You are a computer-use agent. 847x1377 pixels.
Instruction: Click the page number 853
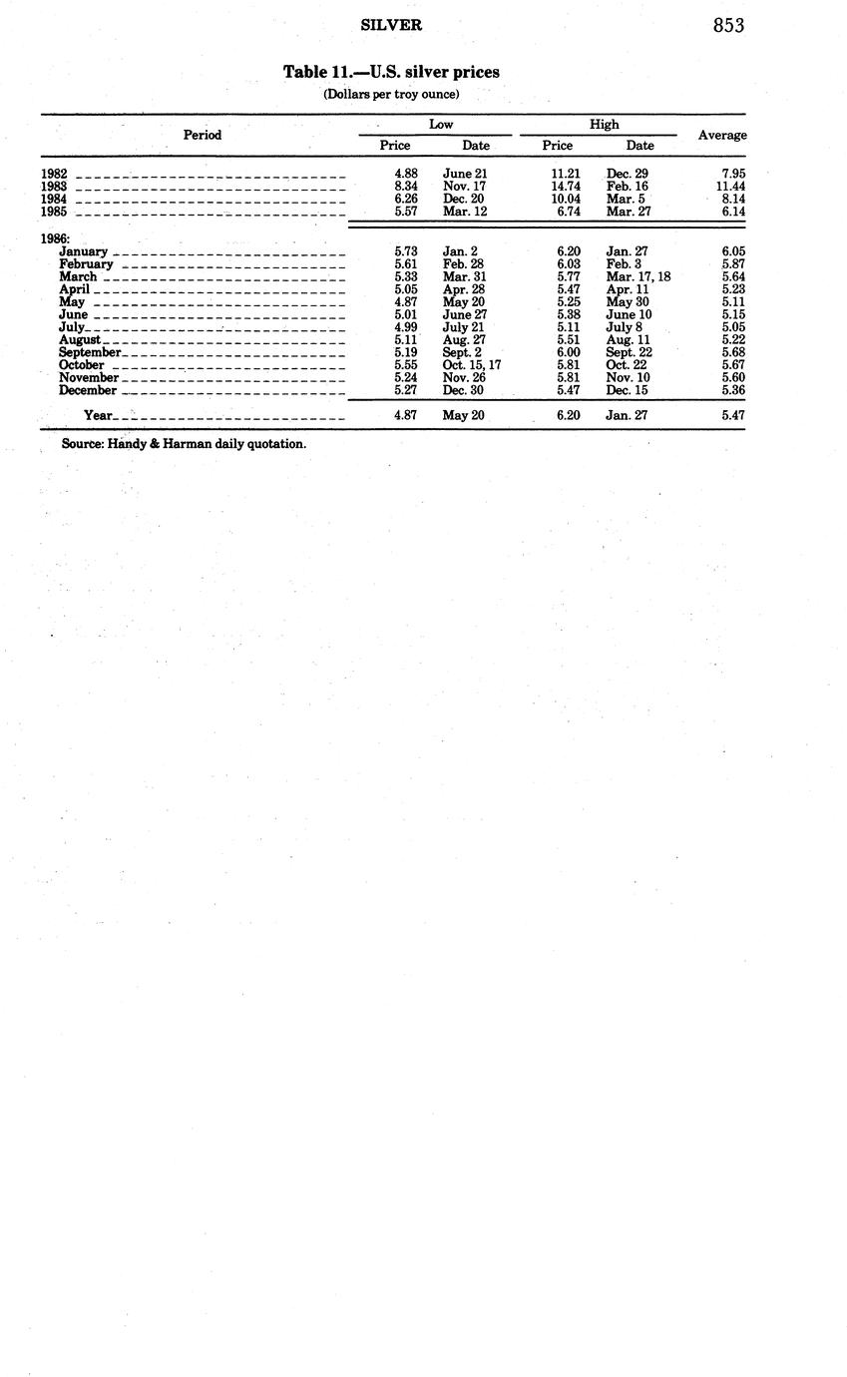[x=728, y=26]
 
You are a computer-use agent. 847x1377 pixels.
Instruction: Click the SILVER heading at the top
[x=391, y=25]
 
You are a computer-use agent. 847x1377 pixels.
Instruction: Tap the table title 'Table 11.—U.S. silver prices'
[x=391, y=72]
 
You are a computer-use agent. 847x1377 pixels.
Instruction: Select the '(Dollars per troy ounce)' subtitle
[x=391, y=94]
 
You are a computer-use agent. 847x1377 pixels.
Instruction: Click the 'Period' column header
[x=203, y=135]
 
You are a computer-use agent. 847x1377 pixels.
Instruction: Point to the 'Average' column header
[x=722, y=135]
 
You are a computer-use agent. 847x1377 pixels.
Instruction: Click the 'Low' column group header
[x=441, y=124]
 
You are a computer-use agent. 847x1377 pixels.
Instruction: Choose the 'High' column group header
[x=604, y=124]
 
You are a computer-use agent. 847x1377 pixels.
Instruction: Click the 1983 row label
[x=54, y=187]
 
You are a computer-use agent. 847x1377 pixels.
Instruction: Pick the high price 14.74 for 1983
[x=566, y=187]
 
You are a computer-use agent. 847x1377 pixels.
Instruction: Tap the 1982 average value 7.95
[x=733, y=174]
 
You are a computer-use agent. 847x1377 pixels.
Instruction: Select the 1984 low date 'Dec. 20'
[x=464, y=199]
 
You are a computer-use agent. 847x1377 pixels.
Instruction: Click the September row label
[x=90, y=352]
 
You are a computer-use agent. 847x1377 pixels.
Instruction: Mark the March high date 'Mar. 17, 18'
[x=638, y=276]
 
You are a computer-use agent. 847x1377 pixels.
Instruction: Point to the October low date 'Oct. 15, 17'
[x=472, y=365]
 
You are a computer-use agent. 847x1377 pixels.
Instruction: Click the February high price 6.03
[x=569, y=264]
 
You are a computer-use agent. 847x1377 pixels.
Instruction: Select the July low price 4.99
[x=406, y=327]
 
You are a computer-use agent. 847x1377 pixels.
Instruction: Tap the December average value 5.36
[x=733, y=390]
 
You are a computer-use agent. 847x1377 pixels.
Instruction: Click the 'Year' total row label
[x=99, y=415]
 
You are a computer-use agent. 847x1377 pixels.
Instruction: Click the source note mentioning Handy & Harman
[x=184, y=443]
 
